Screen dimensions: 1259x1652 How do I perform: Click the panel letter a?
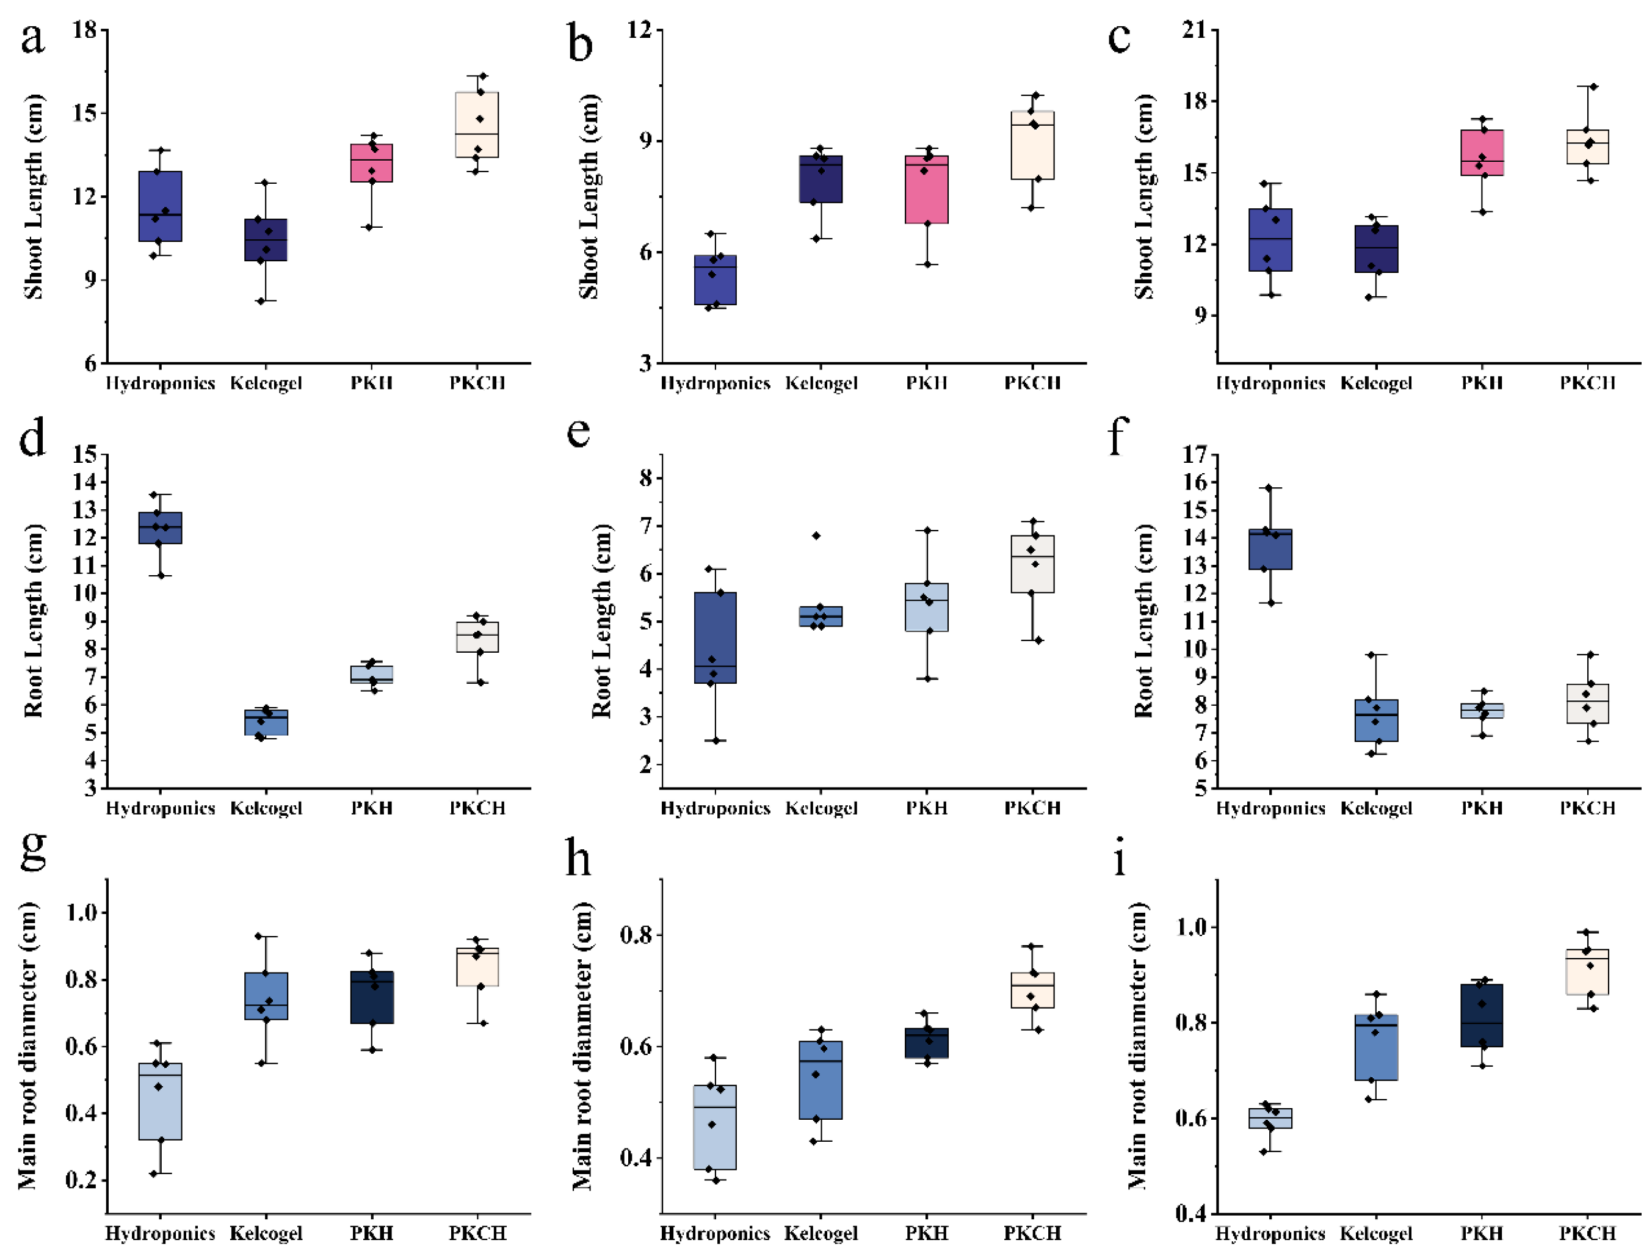click(x=32, y=38)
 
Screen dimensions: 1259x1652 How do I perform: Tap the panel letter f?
click(x=1117, y=435)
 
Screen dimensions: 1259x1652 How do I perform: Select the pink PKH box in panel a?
click(x=372, y=162)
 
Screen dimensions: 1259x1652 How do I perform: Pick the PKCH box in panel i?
click(x=1587, y=971)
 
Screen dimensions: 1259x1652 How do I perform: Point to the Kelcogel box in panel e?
click(x=821, y=616)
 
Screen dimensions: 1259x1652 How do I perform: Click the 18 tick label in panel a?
click(x=85, y=30)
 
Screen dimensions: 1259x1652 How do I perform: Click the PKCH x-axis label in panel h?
click(x=1032, y=1233)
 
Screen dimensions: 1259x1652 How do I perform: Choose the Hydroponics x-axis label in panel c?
click(x=1270, y=383)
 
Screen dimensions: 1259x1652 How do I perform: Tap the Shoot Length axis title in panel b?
click(x=589, y=197)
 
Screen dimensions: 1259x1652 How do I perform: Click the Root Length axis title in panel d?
click(x=34, y=620)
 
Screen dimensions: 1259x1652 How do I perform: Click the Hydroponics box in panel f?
click(x=1270, y=550)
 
